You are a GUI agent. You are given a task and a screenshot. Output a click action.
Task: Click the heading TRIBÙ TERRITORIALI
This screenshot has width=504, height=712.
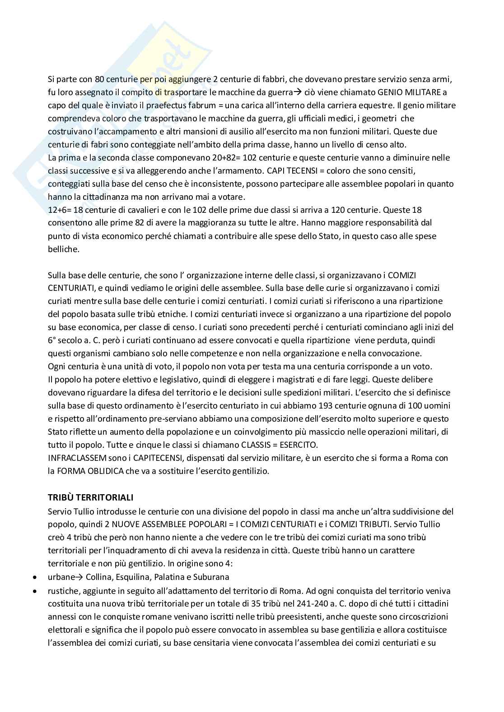point(90,498)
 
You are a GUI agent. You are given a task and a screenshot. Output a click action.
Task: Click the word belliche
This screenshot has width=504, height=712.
point(64,249)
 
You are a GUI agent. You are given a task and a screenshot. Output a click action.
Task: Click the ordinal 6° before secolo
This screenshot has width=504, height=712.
point(52,340)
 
